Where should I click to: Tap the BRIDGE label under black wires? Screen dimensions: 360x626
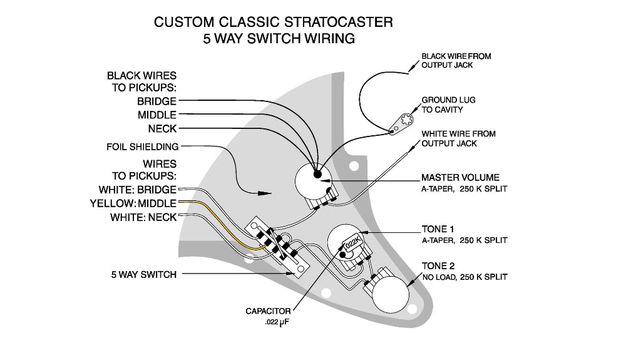(x=156, y=101)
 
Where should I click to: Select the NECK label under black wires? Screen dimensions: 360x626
(x=162, y=129)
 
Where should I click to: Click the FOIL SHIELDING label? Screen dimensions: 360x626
(x=142, y=147)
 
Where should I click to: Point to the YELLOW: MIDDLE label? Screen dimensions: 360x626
(x=133, y=203)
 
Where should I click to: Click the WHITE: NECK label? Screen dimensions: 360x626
(x=143, y=218)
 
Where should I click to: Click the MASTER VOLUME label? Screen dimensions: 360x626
(x=460, y=177)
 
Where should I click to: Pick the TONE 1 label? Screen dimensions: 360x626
(x=438, y=230)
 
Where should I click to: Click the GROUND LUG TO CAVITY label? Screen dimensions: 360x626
(x=451, y=105)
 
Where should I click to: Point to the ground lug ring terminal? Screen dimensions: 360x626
(x=403, y=121)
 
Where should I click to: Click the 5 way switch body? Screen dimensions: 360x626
(x=279, y=247)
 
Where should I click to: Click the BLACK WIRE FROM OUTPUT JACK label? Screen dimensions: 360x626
(x=456, y=60)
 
